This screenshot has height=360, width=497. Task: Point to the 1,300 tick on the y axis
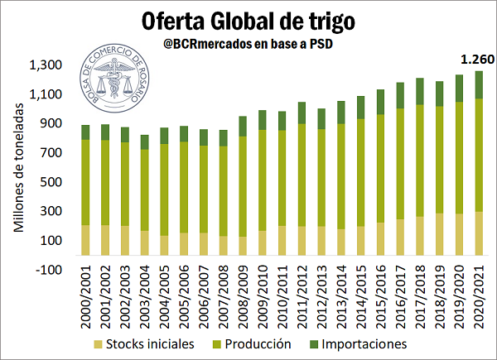coord(45,65)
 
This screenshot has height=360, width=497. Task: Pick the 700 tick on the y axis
coord(51,153)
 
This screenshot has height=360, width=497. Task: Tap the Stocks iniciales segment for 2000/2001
coord(85,239)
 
